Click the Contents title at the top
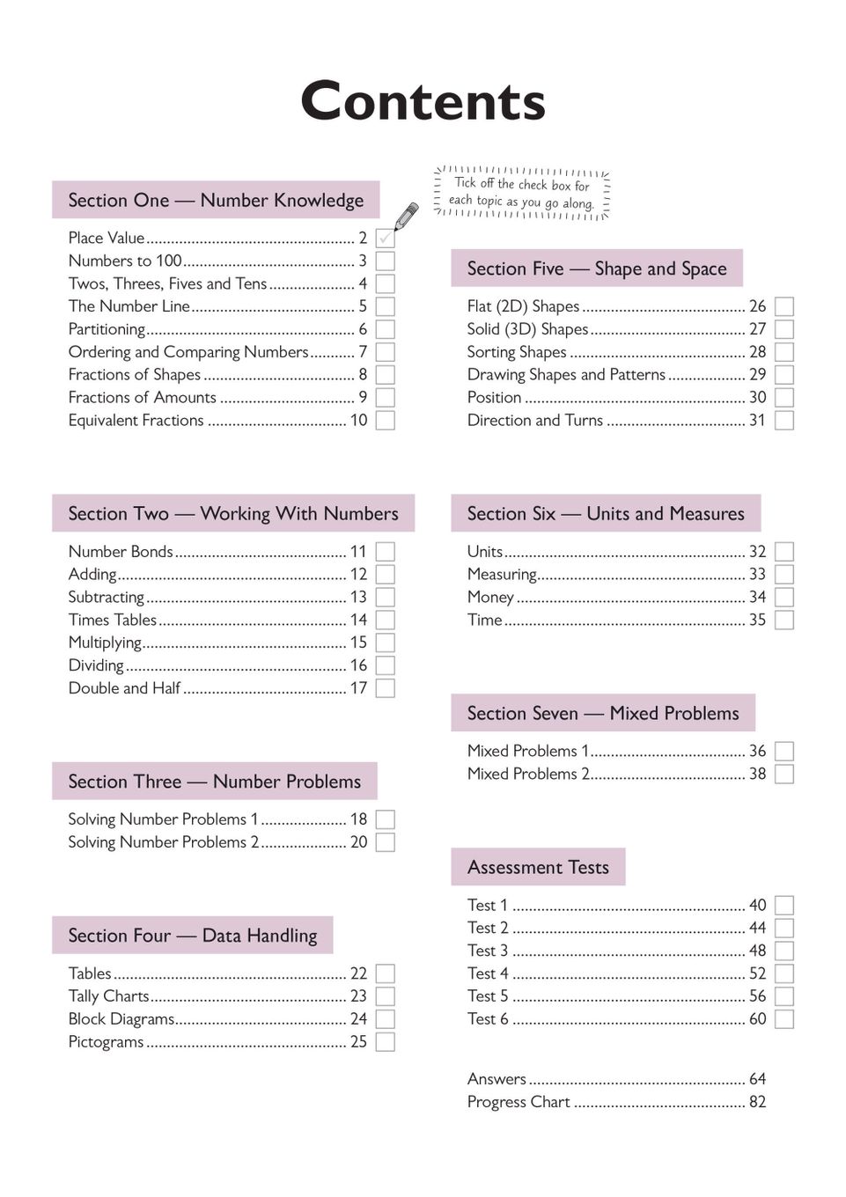(423, 101)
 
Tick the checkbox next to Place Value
(385, 238)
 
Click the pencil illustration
(406, 216)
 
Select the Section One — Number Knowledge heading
(216, 200)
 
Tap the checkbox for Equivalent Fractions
(385, 421)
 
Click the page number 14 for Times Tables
(358, 620)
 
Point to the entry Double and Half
(124, 688)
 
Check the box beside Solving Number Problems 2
(385, 842)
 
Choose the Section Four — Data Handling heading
(193, 935)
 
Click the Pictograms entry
(106, 1042)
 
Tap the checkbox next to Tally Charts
(385, 996)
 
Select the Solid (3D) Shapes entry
(527, 329)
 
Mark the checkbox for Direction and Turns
(783, 421)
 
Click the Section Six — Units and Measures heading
(606, 513)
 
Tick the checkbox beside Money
(783, 597)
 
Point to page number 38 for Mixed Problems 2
(757, 774)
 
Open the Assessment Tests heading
(538, 867)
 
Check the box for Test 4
(783, 973)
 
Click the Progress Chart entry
(519, 1102)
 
